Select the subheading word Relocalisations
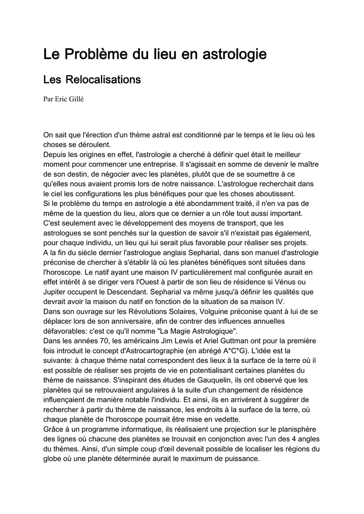[104, 80]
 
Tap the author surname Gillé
[76, 99]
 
